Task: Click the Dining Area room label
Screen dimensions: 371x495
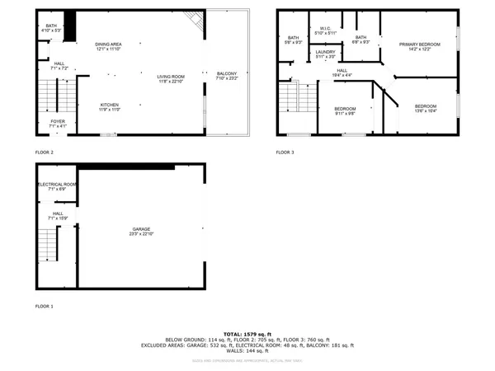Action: click(108, 46)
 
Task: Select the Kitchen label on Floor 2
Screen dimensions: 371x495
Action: click(110, 106)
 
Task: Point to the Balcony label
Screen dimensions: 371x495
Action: click(227, 76)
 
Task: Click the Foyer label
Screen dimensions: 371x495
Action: click(58, 124)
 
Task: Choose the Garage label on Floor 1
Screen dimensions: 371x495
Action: click(142, 231)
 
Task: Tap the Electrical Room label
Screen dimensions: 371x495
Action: click(57, 186)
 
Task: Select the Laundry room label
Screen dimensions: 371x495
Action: click(325, 54)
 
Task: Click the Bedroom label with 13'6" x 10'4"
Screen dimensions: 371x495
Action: click(425, 108)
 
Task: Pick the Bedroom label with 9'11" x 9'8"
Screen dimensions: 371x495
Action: click(345, 111)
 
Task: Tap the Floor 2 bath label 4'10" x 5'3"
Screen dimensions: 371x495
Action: click(51, 29)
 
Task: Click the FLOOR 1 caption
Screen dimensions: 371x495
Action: click(44, 306)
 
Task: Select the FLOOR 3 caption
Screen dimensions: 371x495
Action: click(285, 153)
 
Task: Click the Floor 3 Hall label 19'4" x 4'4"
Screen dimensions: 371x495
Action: click(341, 73)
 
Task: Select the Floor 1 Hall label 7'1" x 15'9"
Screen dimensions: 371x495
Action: click(58, 215)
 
